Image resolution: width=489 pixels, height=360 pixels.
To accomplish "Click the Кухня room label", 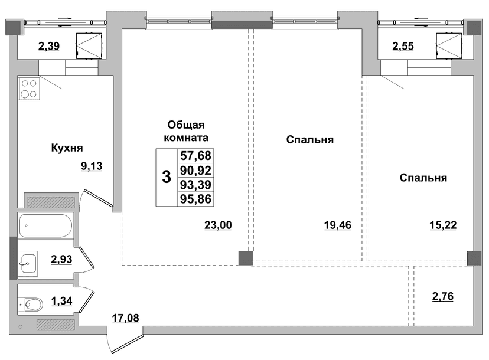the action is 67,148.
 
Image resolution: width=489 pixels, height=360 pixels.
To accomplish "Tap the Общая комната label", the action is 186,131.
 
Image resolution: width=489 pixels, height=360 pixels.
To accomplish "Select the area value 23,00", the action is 218,225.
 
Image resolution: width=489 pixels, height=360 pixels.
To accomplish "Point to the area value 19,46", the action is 338,225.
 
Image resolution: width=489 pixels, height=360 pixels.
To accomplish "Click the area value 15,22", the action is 443,225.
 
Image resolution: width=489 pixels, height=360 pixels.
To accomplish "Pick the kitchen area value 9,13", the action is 92,166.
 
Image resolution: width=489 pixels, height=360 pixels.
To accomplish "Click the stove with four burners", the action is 29,89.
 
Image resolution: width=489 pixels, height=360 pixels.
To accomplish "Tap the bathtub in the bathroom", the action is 46,226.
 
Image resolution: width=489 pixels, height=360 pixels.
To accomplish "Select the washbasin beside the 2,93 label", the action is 28,263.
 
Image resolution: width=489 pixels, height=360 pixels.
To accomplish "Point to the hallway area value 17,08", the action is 125,319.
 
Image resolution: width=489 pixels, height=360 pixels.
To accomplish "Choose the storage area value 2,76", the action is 443,296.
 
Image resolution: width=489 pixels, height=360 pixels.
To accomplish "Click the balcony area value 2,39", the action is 49,46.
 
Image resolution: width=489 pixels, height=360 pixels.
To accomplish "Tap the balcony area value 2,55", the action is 403,46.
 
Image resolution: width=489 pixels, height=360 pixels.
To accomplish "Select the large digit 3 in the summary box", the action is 167,177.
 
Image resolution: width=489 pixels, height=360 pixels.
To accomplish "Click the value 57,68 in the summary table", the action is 195,156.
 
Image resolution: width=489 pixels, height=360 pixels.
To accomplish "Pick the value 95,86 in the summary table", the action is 195,199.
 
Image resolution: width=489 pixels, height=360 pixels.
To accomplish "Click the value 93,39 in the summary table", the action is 195,185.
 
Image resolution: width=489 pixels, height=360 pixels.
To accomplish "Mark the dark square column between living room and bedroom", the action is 246,258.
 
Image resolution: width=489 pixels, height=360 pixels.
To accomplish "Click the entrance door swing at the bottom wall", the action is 125,343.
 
